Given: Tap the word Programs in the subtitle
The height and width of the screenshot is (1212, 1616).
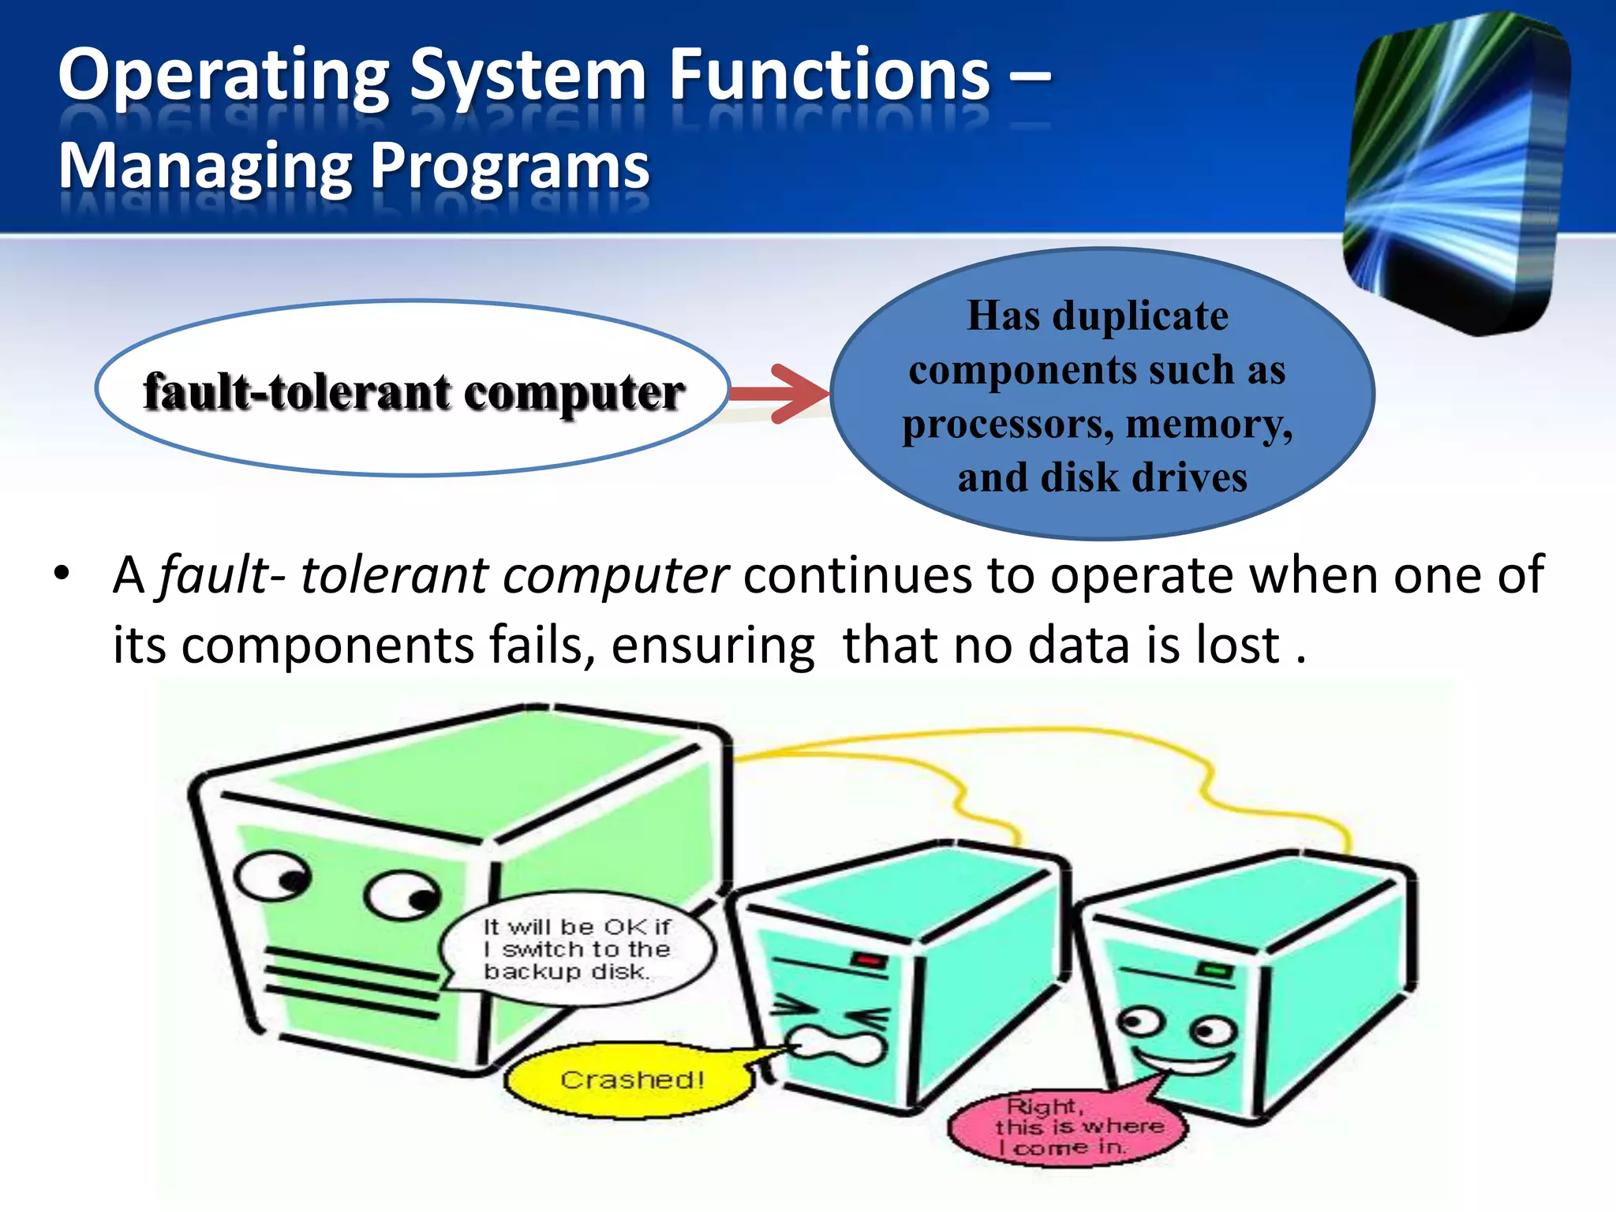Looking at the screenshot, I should tap(510, 167).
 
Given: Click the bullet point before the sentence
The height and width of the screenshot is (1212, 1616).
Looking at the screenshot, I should tap(62, 574).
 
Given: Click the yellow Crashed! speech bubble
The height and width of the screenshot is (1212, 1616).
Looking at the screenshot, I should tap(631, 1079).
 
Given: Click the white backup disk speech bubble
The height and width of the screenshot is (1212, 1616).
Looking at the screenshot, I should tap(576, 949).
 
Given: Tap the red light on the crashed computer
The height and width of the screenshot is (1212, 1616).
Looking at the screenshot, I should tap(869, 960).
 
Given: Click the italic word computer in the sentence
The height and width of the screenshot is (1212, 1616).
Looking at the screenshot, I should tap(615, 574).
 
